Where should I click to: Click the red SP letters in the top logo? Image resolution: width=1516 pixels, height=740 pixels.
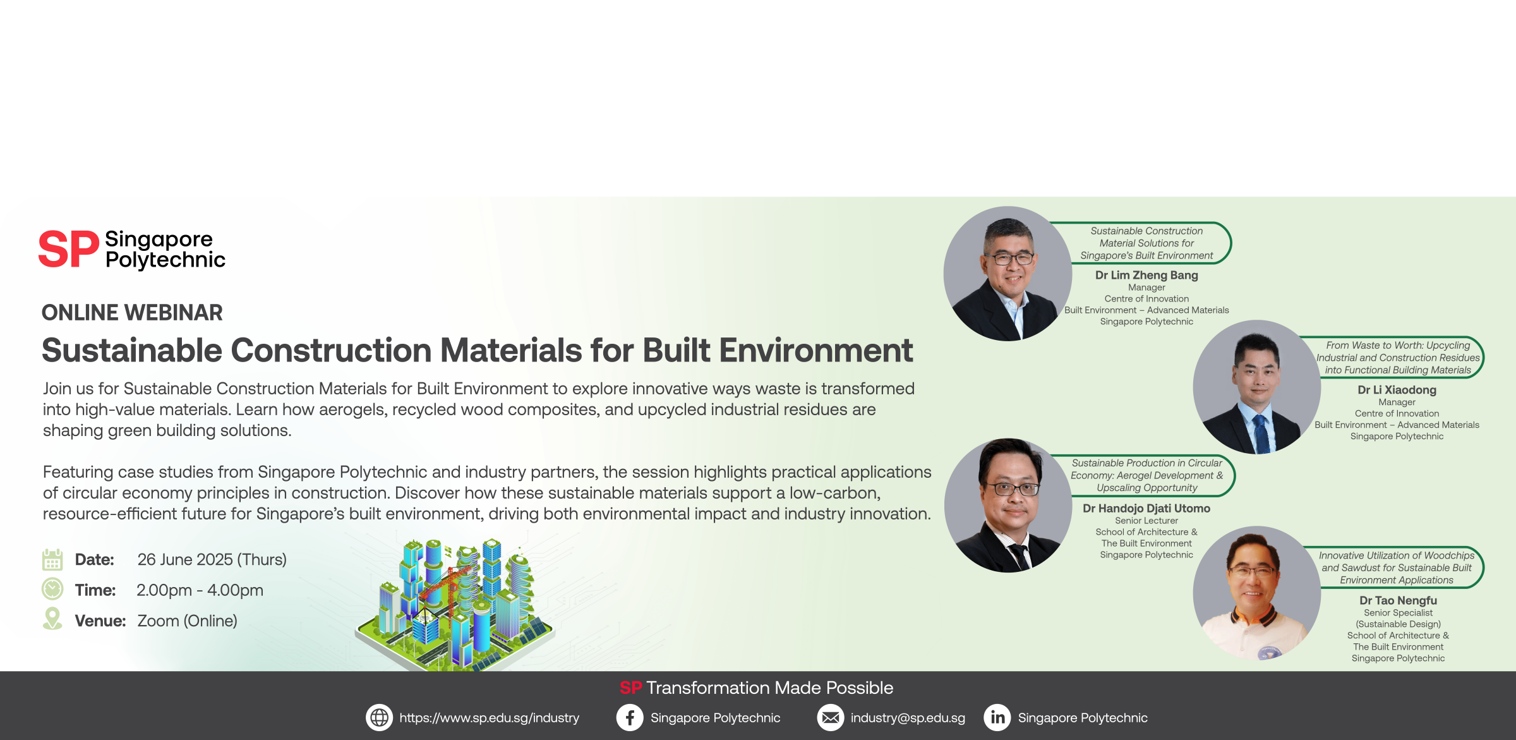(x=69, y=250)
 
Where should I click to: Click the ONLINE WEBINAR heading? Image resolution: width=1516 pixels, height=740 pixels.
(x=132, y=313)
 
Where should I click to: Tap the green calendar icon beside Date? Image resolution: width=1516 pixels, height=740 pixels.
(x=52, y=559)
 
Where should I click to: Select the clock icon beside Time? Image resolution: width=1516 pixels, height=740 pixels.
(x=52, y=589)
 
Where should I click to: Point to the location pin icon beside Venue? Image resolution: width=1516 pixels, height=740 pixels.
(x=52, y=619)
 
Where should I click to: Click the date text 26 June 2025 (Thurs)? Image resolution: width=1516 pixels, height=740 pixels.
(x=212, y=560)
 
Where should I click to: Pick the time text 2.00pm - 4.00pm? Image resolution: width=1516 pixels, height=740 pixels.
(x=200, y=590)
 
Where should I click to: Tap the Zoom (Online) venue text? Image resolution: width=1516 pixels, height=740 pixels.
(x=188, y=621)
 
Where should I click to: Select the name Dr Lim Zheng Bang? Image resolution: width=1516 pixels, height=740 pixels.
(x=1146, y=276)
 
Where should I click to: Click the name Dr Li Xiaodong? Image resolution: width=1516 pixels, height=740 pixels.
(x=1397, y=390)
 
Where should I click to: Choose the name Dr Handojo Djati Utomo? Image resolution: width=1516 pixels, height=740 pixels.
(x=1146, y=508)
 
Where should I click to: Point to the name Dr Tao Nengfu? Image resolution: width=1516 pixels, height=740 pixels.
(x=1399, y=600)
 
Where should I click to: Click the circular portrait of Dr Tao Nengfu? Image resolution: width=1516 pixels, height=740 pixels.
(x=1257, y=593)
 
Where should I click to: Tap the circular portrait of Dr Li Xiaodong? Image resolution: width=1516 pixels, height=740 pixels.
(x=1257, y=387)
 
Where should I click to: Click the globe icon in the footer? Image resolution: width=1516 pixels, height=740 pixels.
(x=379, y=718)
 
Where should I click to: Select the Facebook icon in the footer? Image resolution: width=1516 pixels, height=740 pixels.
(x=630, y=718)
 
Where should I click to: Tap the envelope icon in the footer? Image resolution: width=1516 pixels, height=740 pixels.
(x=831, y=718)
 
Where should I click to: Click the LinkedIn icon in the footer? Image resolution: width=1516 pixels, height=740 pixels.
(x=997, y=718)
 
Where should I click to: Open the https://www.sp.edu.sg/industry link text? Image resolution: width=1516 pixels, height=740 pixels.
(x=490, y=719)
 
